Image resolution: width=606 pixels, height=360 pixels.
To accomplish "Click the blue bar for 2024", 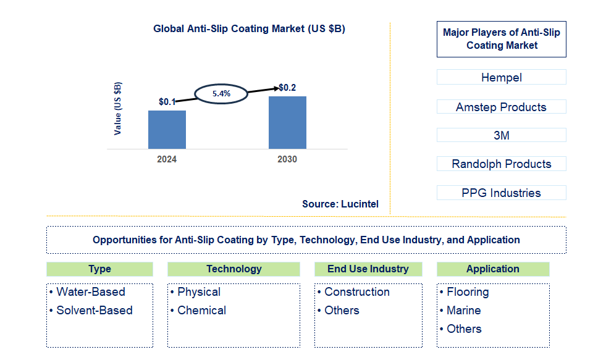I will click(x=167, y=130).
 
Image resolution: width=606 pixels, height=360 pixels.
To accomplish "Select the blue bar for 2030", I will click(x=287, y=122).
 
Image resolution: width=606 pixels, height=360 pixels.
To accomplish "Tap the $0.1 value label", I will click(x=167, y=102).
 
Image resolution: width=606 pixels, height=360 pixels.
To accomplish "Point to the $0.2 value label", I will click(x=287, y=88).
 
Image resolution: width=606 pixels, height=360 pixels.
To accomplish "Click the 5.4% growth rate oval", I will click(x=221, y=94).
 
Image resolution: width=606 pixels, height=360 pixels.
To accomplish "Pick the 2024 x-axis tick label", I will click(x=167, y=159).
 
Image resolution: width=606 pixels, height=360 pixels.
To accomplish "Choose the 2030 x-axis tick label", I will click(x=287, y=159).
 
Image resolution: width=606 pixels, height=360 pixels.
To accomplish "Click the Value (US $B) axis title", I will click(x=118, y=109).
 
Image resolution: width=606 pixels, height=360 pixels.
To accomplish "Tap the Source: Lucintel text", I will click(x=340, y=204).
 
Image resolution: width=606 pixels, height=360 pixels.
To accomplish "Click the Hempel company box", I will click(x=501, y=77).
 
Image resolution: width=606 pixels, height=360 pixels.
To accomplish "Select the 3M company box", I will click(x=501, y=135).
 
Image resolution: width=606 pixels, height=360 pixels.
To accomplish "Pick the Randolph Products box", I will click(x=501, y=164).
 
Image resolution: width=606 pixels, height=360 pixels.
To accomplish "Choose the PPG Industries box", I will click(x=501, y=193).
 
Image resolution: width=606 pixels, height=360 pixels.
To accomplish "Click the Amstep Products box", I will click(x=501, y=107).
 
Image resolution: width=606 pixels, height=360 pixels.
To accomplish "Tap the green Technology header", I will click(x=234, y=269).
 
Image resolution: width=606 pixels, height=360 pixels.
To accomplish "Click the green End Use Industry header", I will click(x=368, y=269).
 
